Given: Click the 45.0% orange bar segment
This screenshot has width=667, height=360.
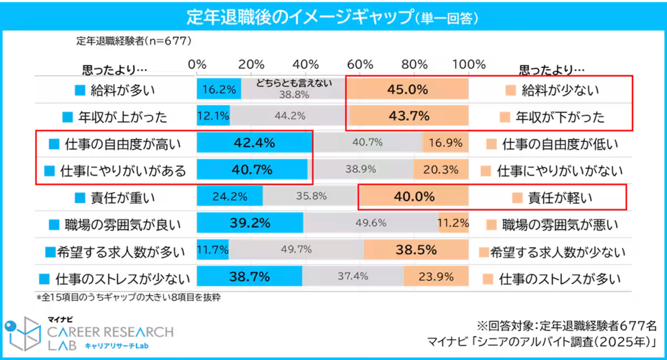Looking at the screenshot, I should pos(407,89).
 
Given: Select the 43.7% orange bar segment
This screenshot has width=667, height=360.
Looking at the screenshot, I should pos(407,116).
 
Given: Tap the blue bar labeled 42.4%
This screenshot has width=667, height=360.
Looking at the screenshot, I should pos(254,143).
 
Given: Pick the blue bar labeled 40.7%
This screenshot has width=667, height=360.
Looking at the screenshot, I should pos(252,170).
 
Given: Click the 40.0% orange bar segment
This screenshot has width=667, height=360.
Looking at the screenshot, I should pos(414,197).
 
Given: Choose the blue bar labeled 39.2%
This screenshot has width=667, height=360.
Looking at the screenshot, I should pos(250,223).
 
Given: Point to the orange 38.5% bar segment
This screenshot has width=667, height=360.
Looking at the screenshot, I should pos(416,250).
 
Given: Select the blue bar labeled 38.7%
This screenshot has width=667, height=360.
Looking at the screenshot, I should pos(249,276).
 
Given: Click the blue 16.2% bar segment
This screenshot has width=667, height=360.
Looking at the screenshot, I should pos(218,89).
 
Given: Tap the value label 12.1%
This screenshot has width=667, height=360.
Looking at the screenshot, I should pos(213,116).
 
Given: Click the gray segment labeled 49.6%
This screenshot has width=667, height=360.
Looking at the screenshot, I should pos(371,223).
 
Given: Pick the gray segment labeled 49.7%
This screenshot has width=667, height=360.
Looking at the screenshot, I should pos(296,250).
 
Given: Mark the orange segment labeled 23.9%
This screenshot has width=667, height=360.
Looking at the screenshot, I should pos(436,276).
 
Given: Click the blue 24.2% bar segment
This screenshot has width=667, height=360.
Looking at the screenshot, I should pos(230,197).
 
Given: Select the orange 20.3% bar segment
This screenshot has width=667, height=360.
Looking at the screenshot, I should pos(441,170).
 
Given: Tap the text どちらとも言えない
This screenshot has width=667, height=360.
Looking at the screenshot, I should pos(294,83).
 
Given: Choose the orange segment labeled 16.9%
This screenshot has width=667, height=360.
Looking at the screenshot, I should pos(445,143).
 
